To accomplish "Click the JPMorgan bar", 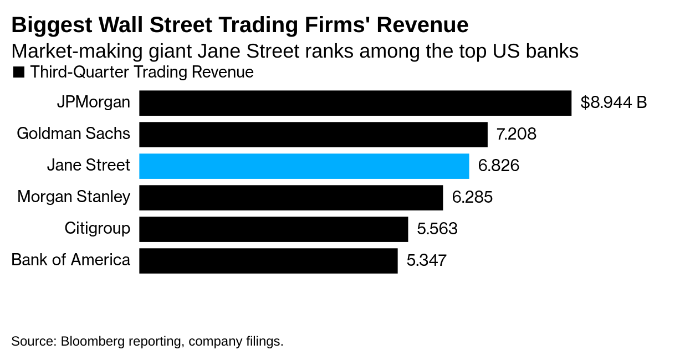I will (355, 103).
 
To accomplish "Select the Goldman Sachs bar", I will (313, 135).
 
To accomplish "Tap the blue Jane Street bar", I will (304, 166).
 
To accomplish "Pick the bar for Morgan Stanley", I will (291, 198).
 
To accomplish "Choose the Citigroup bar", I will (273, 229).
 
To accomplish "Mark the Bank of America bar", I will (268, 261).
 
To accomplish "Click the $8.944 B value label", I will (614, 103).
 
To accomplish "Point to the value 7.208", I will (517, 135).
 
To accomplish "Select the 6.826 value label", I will (499, 166).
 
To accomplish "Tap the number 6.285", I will (472, 198).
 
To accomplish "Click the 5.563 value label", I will (437, 229).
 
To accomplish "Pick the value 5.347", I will (427, 261).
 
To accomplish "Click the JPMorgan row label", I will (94, 102).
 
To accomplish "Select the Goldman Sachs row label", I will (74, 134).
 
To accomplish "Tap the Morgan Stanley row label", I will (74, 197).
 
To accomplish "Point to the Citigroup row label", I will (98, 229).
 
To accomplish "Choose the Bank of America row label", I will (71, 260).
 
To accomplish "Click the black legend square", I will (19, 73).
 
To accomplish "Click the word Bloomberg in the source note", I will (92, 341).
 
